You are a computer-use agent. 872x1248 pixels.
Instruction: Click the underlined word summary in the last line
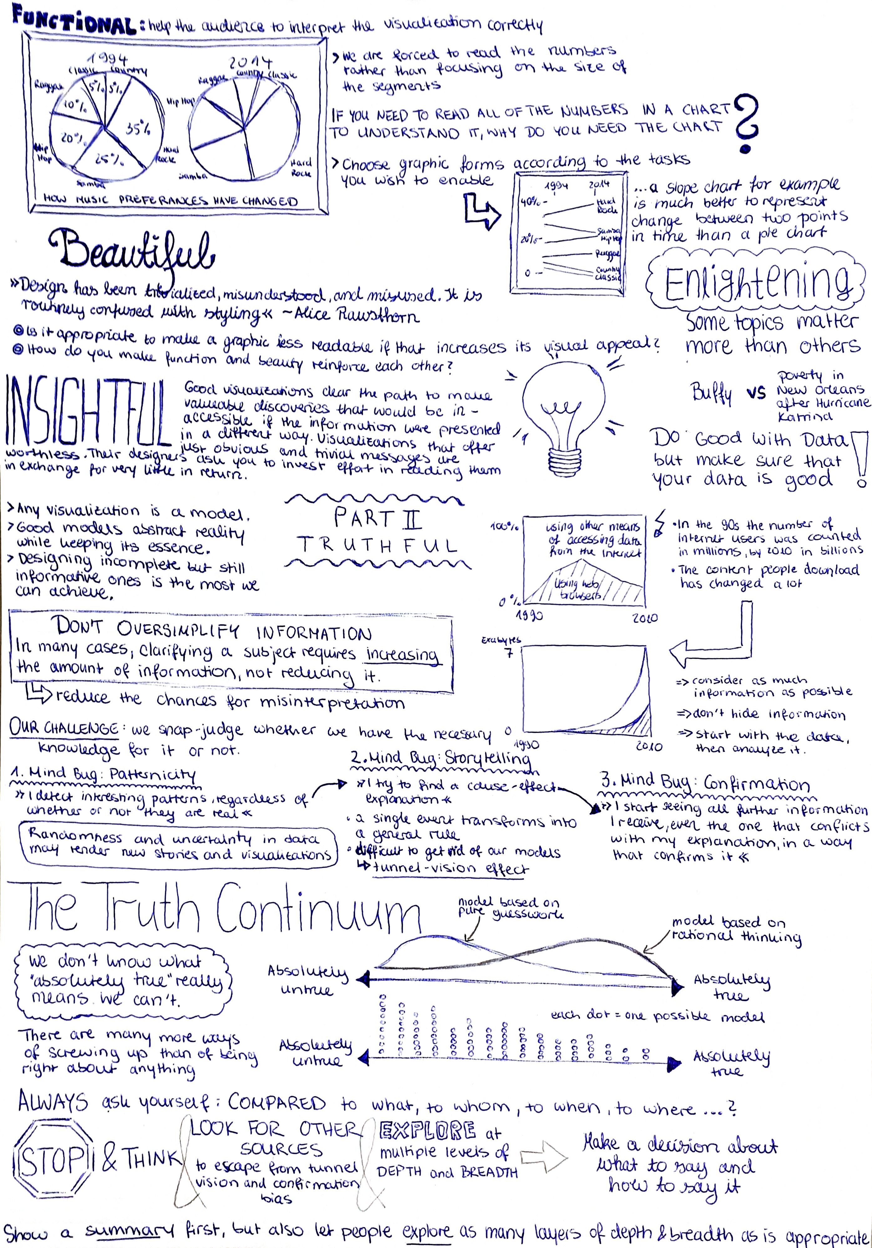(x=129, y=1230)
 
